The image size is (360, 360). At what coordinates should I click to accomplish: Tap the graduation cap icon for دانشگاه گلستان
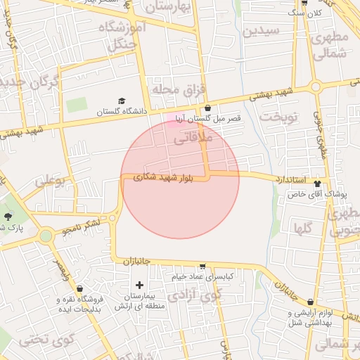pyautogui.click(x=122, y=101)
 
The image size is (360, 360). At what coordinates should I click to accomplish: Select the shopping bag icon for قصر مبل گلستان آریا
pyautogui.click(x=207, y=108)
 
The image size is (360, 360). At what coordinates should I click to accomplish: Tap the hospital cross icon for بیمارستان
pyautogui.click(x=139, y=285)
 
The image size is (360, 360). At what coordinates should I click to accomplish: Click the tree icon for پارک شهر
pyautogui.click(x=8, y=217)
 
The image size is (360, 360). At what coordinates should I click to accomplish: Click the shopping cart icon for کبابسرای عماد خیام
pyautogui.click(x=203, y=267)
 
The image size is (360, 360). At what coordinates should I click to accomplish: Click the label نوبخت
pyautogui.click(x=278, y=117)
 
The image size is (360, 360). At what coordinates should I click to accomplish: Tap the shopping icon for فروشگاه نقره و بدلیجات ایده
pyautogui.click(x=79, y=288)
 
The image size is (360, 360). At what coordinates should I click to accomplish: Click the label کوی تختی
pyautogui.click(x=47, y=340)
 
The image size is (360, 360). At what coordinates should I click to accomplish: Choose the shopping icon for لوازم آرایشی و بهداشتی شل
pyautogui.click(x=290, y=311)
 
